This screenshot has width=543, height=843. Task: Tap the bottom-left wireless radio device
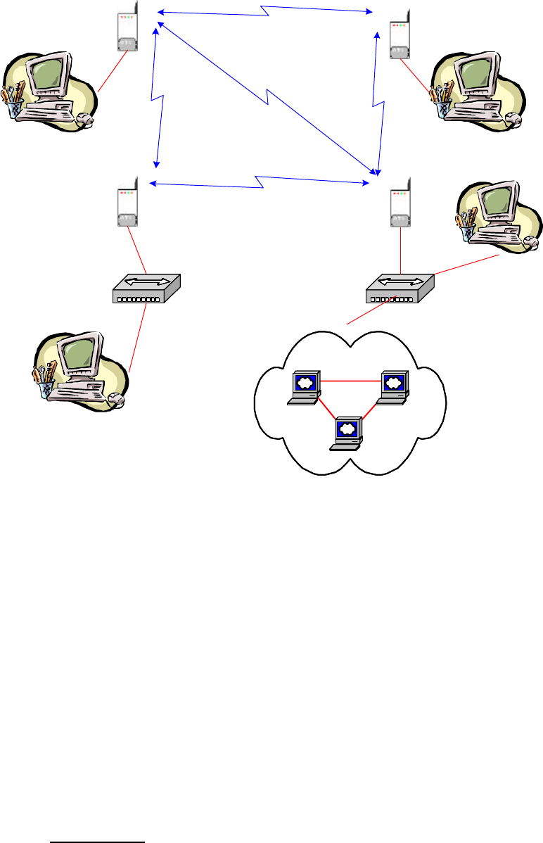click(127, 204)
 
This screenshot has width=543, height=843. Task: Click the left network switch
click(147, 289)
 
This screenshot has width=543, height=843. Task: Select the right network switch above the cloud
click(400, 289)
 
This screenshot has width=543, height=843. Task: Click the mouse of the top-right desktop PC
click(516, 120)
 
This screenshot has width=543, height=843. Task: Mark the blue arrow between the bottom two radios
click(260, 184)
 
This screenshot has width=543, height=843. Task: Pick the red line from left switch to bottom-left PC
click(139, 338)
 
